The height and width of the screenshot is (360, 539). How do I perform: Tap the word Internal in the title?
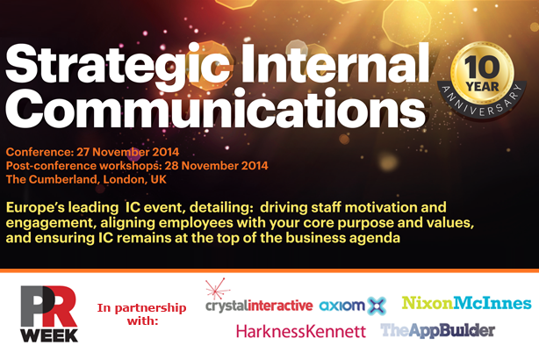pos(335,62)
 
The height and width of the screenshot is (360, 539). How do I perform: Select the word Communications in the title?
pos(216,108)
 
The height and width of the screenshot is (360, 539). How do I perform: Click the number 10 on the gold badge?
pos(482,67)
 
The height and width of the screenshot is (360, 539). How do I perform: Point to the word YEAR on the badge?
pos(482,87)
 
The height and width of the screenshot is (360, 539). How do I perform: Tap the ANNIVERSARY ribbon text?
pos(482,101)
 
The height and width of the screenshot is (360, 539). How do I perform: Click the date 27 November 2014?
pos(127,152)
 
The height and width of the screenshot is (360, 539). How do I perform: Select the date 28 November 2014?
pos(216,166)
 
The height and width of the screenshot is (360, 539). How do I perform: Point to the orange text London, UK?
pos(135,179)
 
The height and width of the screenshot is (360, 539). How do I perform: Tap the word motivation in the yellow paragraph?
pos(381,208)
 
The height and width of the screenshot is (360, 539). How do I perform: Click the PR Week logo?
pos(49,314)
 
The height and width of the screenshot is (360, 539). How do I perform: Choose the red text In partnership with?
pos(141,314)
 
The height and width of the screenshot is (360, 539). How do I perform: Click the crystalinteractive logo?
pos(259,306)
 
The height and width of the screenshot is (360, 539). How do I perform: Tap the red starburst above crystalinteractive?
pos(217,289)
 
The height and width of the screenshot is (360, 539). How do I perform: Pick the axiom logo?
pos(353,306)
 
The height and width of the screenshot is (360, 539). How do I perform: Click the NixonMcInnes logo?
pos(467,303)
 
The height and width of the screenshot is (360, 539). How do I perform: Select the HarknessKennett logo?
pos(301,331)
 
